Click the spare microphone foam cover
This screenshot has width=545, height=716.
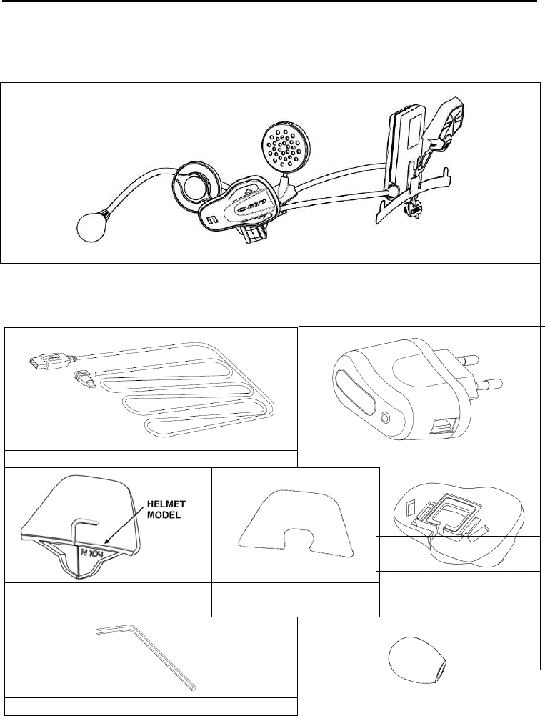(x=418, y=657)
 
